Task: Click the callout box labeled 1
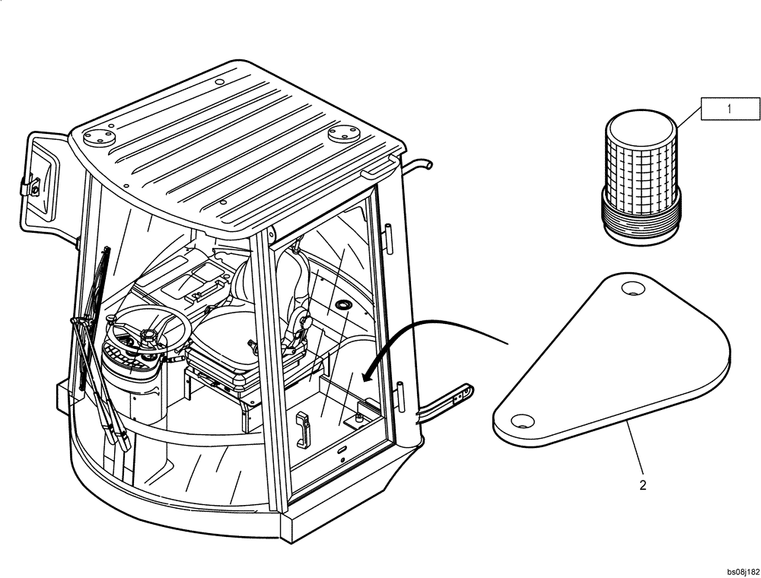tap(730, 109)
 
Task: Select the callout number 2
tap(643, 485)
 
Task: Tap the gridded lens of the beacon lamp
tap(639, 159)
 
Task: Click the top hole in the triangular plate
tap(631, 288)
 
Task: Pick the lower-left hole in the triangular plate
tap(521, 421)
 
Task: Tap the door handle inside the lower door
tap(302, 429)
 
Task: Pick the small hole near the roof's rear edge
tap(218, 81)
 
